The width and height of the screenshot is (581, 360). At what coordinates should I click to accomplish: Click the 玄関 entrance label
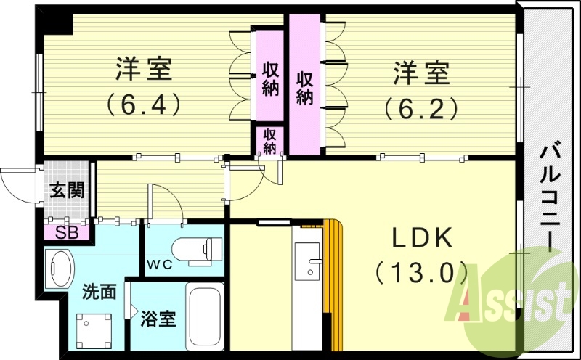point(67,191)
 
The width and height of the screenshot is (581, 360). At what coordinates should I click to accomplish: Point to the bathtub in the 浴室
point(206,316)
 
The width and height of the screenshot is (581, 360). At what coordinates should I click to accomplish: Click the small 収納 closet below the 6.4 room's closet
point(269,141)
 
